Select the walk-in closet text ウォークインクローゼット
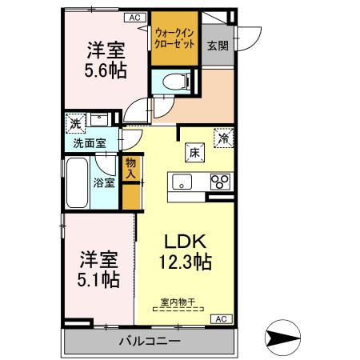pyautogui.click(x=174, y=37)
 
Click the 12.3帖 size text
pyautogui.click(x=188, y=261)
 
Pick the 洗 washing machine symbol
pyautogui.click(x=74, y=124)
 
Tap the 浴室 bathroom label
pyautogui.click(x=105, y=182)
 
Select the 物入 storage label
pyautogui.click(x=131, y=168)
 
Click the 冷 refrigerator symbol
pyautogui.click(x=223, y=137)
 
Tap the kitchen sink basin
pyautogui.click(x=180, y=181)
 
